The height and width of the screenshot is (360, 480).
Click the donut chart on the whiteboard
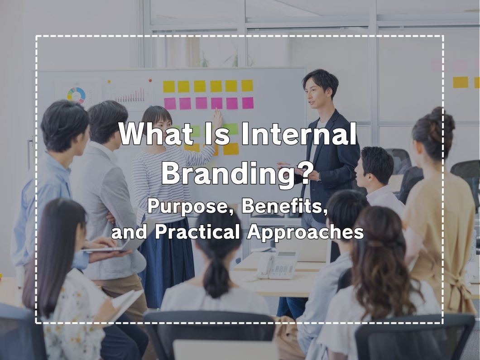[76, 95]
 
